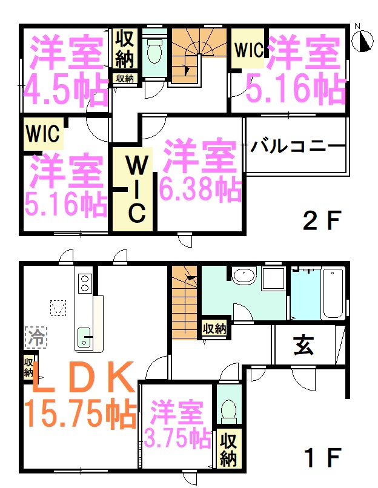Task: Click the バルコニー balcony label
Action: pos(298,147)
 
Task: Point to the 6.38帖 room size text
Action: pos(201,189)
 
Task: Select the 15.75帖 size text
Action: pos(81,414)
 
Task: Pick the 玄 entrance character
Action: pos(303,346)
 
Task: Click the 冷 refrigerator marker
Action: pos(36,337)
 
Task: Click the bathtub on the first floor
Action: pos(333,293)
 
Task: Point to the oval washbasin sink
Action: pos(244,275)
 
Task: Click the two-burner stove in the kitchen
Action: pos(85,283)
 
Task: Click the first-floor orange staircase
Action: pos(184,303)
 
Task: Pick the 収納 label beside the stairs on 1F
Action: pos(214,329)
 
